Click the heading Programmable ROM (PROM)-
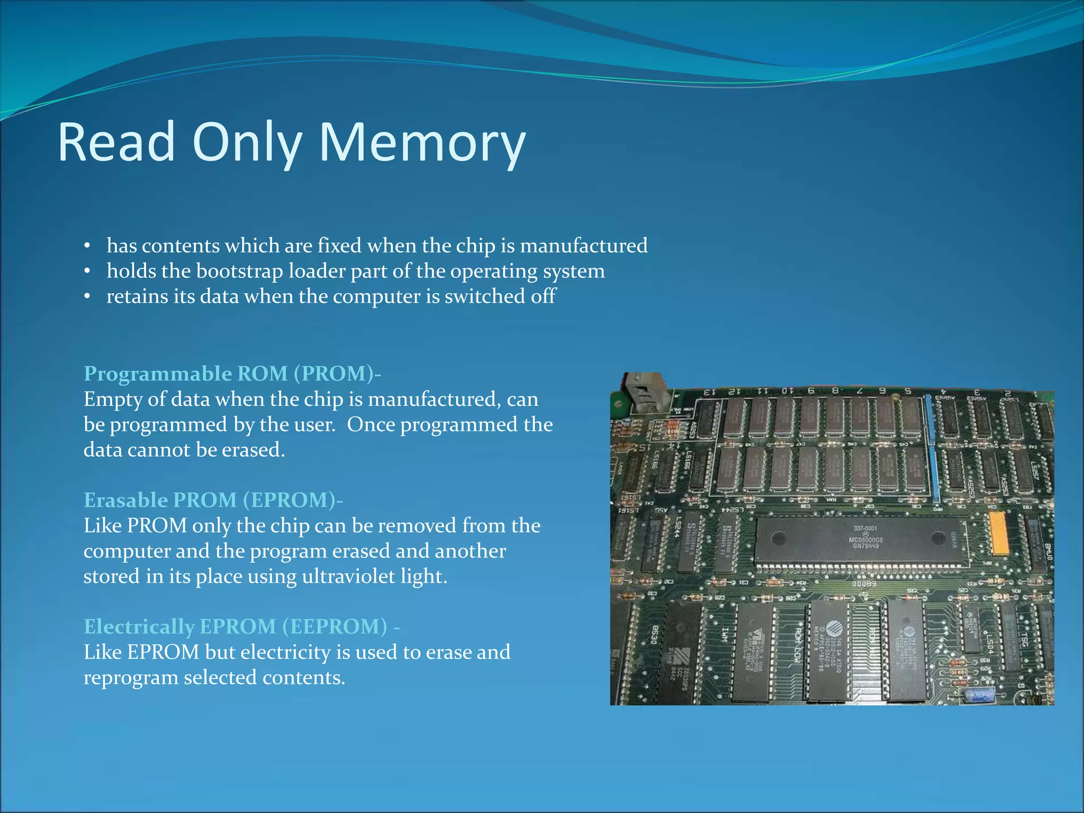pos(232,374)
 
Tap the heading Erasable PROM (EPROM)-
pos(213,500)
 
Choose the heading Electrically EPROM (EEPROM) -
pos(241,627)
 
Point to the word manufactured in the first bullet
pos(584,246)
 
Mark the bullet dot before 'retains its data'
pos(87,297)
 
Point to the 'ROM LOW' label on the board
pos(797,643)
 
